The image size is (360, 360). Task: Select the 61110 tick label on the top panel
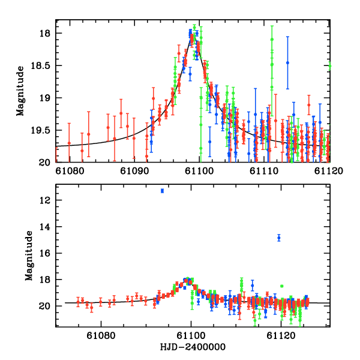point(265,171)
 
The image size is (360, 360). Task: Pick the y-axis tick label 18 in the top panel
point(47,33)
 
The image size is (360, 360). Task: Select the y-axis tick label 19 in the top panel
point(47,98)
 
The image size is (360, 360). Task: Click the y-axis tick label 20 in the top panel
point(47,163)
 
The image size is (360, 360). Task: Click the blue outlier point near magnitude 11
point(163,191)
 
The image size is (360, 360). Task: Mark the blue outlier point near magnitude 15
point(279,238)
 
